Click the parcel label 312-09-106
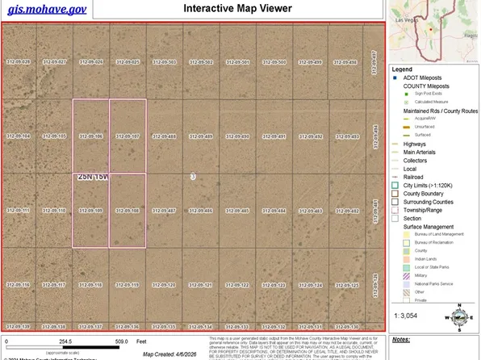point(90,136)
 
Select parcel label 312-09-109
point(90,211)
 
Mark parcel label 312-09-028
point(18,62)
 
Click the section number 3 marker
point(193,175)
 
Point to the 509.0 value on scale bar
point(122,341)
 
